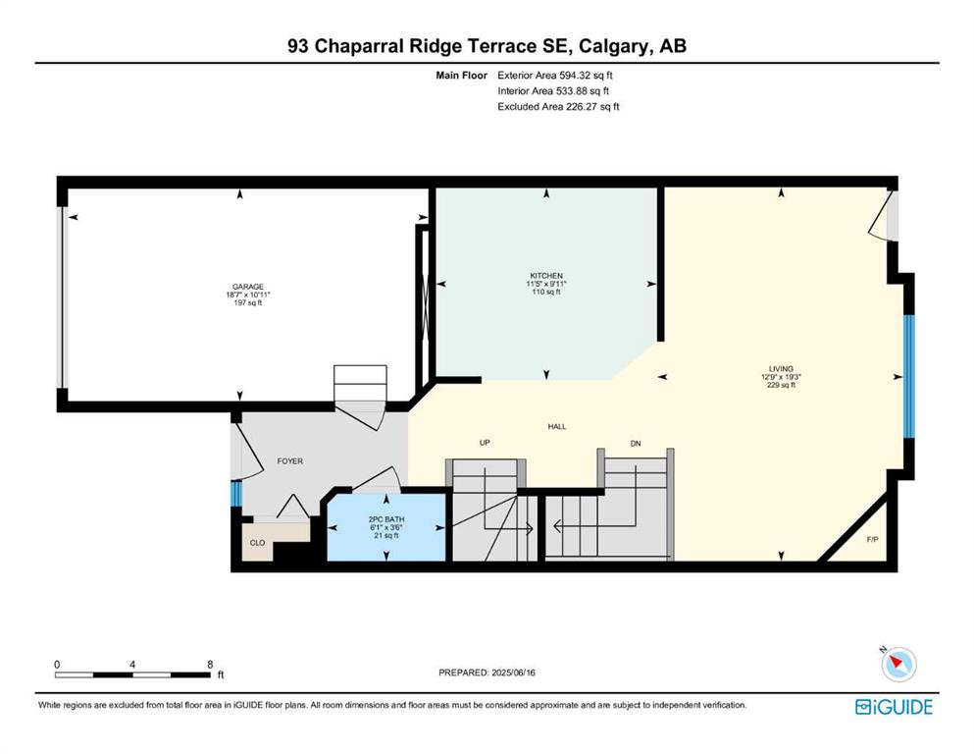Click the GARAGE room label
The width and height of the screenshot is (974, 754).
pos(248,288)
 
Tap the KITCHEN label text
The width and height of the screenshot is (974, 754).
pos(546,276)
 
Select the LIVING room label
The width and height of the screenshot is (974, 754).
pos(781,368)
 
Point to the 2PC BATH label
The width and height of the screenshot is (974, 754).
pos(386,519)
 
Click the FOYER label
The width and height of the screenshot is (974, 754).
pos(290,461)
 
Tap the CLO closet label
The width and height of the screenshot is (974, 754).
pos(257,543)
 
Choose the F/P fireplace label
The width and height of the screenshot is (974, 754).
pos(873,540)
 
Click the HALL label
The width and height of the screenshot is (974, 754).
pos(557,427)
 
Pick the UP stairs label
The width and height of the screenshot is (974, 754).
pos(486,443)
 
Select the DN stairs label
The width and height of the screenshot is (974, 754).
pos(636,443)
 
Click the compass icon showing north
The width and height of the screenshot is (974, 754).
pos(898,665)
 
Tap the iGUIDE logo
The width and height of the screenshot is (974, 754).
pos(894,707)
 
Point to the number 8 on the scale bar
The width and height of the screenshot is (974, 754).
pos(210,665)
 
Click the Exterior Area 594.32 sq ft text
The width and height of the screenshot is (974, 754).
pos(555,76)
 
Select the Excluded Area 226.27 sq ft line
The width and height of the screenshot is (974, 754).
pos(558,106)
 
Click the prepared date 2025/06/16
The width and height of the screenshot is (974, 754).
pos(513,673)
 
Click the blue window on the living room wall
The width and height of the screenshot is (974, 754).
pos(909,376)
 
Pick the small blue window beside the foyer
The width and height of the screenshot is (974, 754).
pos(235,495)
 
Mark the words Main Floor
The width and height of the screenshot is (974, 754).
pos(462,76)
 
